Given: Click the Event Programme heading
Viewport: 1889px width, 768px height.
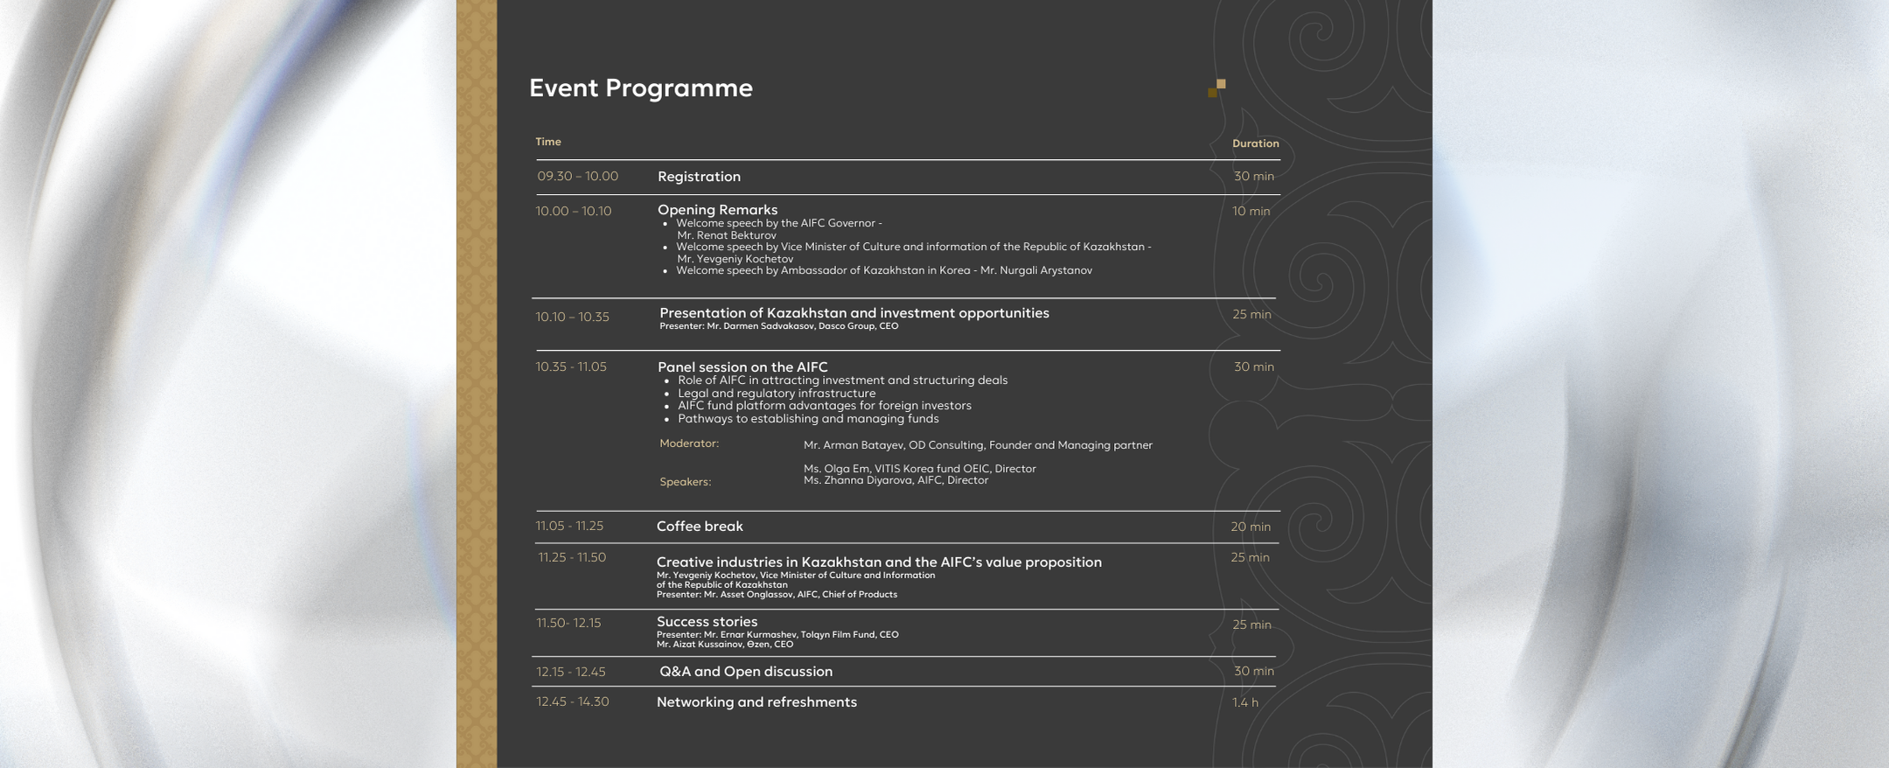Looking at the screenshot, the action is pos(640,88).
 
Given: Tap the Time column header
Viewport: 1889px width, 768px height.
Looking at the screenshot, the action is pos(548,142).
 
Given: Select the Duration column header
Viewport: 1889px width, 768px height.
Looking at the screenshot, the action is pos(1255,143).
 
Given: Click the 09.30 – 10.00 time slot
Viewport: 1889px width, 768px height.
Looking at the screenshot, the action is pos(577,177).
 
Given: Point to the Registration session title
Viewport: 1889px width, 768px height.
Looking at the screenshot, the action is pos(699,177).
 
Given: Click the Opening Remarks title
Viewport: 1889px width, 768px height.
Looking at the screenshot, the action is pos(717,210).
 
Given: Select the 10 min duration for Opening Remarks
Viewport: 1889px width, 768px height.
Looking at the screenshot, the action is pos(1251,212).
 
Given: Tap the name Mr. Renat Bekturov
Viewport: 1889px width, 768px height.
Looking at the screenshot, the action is pos(726,235).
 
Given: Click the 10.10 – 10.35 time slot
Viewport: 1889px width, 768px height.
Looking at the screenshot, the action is pos(572,317).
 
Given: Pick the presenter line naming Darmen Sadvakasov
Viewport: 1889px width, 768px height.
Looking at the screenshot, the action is pos(778,326).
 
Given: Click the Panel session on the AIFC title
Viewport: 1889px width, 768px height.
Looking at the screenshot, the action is pos(742,367).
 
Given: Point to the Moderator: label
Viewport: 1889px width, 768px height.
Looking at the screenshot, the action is pos(689,443).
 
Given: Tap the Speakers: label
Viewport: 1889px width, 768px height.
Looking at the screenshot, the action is pos(685,482).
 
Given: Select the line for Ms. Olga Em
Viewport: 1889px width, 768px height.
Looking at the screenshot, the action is pos(919,469).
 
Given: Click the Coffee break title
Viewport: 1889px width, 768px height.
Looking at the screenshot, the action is pos(700,527).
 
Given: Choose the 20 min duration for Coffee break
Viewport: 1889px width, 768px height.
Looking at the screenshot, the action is pos(1251,527).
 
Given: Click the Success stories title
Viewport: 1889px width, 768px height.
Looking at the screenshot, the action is pos(707,622).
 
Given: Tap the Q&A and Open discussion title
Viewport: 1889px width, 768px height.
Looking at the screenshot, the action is pos(746,672).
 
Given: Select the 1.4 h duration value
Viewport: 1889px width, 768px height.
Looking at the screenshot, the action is pos(1245,702).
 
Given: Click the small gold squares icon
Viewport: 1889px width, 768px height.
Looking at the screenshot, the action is pos(1216,87).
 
